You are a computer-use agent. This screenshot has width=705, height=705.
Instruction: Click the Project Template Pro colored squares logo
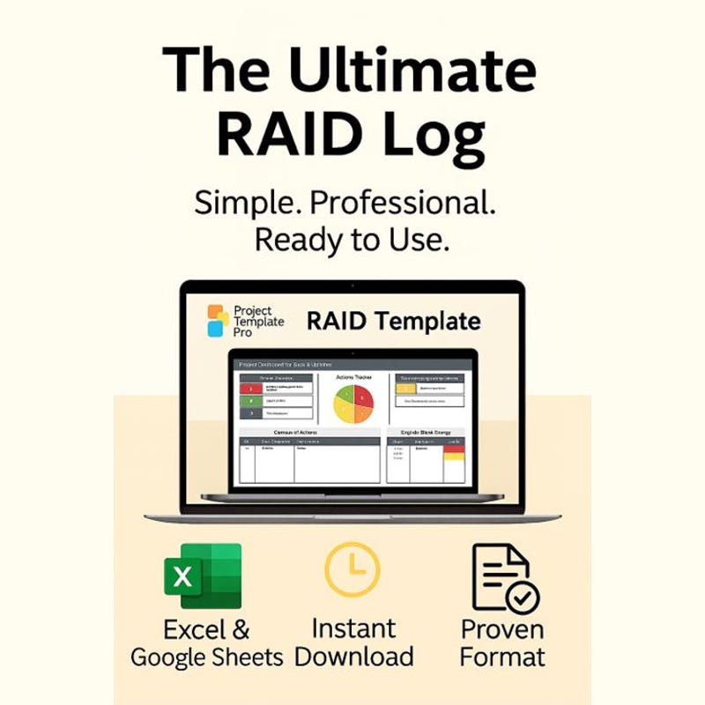click(218, 321)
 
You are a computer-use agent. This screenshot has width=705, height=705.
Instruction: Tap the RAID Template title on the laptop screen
click(393, 321)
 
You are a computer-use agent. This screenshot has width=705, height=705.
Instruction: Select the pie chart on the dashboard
click(353, 404)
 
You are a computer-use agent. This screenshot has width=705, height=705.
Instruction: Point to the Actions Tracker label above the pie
click(353, 376)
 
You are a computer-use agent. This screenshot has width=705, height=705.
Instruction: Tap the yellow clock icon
click(352, 569)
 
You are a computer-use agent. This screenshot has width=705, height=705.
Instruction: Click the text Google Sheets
click(207, 657)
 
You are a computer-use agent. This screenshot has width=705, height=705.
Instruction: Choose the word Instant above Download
click(353, 628)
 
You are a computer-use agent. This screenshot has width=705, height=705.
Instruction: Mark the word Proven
click(502, 629)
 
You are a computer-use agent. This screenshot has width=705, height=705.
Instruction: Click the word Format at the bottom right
click(502, 657)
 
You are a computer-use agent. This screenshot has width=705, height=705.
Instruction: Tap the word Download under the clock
click(353, 657)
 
